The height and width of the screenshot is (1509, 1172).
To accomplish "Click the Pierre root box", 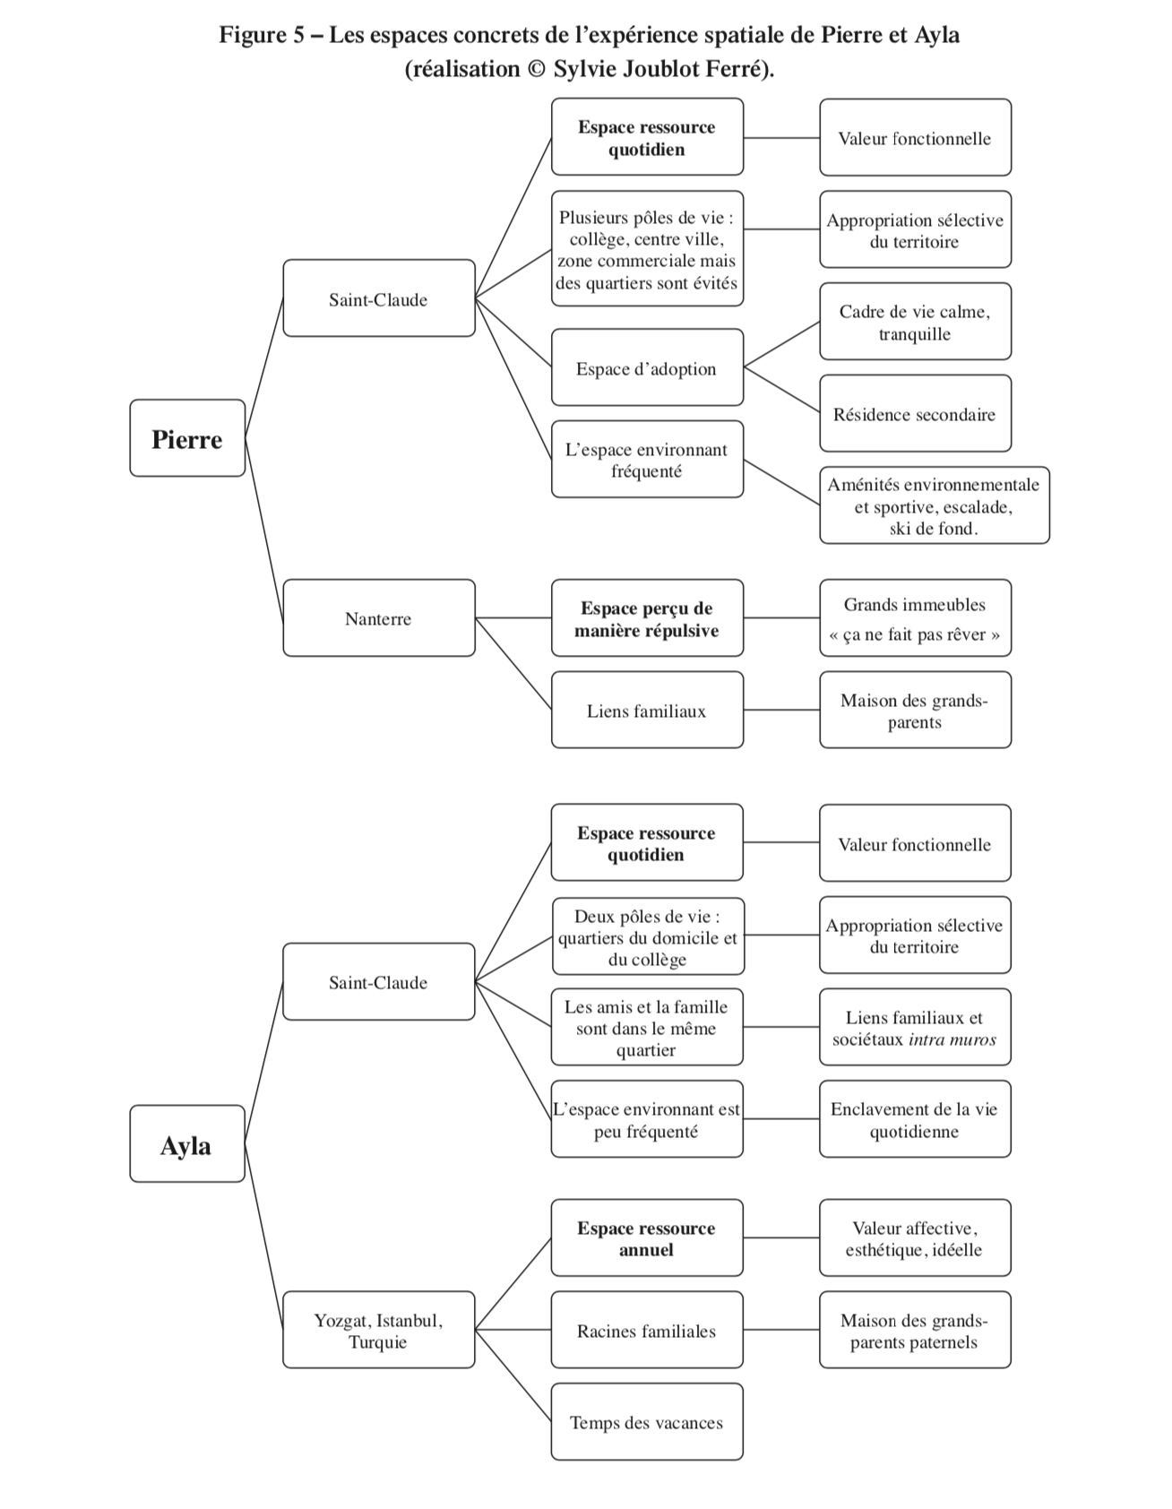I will click(186, 438).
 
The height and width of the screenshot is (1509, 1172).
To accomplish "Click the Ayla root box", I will click(186, 1144).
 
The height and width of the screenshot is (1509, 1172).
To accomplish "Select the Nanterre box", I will click(378, 618).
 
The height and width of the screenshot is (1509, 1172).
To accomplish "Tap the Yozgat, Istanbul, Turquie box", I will click(378, 1330).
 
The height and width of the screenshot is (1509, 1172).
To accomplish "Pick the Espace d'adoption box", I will click(646, 368).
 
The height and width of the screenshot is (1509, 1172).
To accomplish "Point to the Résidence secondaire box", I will click(914, 414).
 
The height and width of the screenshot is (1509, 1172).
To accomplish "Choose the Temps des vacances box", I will click(646, 1422).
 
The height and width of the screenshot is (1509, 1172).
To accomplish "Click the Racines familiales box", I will click(646, 1331).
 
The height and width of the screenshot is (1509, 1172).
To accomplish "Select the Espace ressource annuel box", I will click(646, 1238).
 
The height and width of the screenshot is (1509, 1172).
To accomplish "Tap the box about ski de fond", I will click(933, 506).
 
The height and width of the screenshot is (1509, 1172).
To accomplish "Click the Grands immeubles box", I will click(914, 618).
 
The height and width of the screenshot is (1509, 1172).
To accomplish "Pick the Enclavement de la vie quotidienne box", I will click(914, 1119).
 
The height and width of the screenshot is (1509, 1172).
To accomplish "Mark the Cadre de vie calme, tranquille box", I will click(914, 322).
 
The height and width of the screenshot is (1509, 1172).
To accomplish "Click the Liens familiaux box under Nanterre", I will click(646, 711).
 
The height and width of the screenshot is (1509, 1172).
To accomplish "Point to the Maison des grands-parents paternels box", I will click(914, 1331).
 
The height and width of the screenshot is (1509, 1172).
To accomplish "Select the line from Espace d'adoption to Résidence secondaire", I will click(781, 390).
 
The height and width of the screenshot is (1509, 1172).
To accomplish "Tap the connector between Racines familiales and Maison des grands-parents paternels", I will click(780, 1330).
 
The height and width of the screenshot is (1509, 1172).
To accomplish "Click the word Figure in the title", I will click(251, 35).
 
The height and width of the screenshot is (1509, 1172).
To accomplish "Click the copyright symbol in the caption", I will click(537, 69).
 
